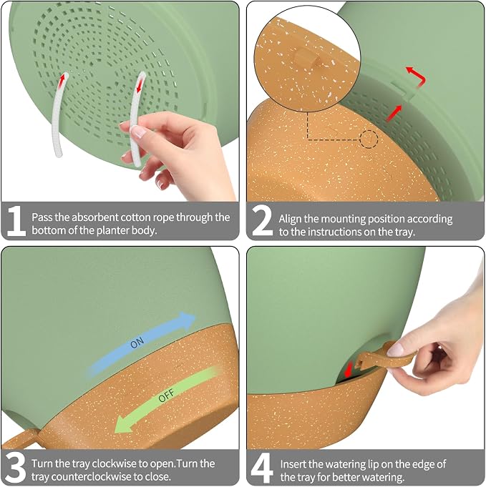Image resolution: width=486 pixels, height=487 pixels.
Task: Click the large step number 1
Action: click(x=16, y=221)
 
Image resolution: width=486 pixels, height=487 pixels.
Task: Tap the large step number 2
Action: click(x=263, y=221)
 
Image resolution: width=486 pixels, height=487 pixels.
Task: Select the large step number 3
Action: click(x=16, y=468)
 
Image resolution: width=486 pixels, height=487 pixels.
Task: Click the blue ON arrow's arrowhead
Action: click(x=187, y=320)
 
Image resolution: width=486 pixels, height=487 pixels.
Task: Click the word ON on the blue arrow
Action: click(x=137, y=343)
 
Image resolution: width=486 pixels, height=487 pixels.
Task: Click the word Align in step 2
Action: click(x=290, y=220)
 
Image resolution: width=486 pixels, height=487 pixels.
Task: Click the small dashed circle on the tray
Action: click(x=369, y=139)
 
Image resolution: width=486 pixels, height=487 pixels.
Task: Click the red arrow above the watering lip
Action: click(x=349, y=369)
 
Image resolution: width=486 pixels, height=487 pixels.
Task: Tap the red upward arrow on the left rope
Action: click(x=63, y=80)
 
